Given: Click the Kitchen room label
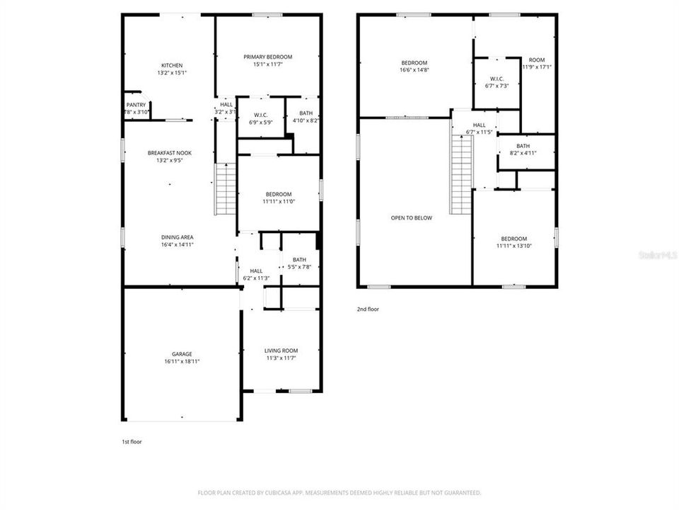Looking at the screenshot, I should (x=172, y=65).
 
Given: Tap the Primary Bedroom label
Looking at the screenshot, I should (x=267, y=57).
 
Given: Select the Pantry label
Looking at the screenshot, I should (x=136, y=105).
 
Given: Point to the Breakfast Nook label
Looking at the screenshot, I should (x=169, y=153).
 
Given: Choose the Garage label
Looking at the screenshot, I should (x=181, y=354).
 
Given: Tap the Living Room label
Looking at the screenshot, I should (x=281, y=351).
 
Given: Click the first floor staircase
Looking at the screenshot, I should (x=225, y=188).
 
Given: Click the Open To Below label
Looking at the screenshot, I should (x=411, y=218).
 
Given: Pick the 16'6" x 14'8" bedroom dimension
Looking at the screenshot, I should (x=414, y=69).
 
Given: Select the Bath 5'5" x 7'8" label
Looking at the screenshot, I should (x=299, y=259).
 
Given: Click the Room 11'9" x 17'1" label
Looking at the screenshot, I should (x=537, y=59).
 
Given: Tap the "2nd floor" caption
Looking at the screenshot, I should (x=367, y=309).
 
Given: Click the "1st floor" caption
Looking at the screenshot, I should (x=132, y=441).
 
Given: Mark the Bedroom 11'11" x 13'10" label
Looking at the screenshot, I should (x=514, y=239).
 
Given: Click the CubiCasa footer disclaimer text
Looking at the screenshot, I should (x=339, y=492).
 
